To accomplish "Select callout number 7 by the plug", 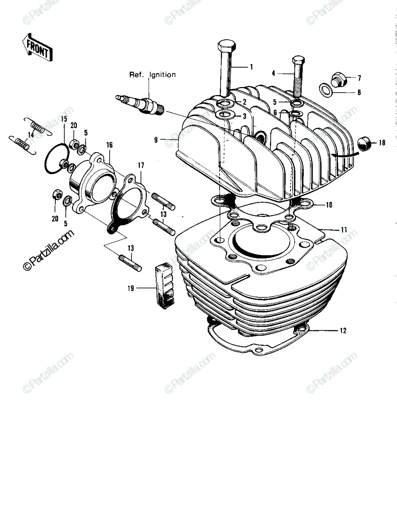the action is (x=359, y=78).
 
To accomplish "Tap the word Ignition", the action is (x=162, y=75).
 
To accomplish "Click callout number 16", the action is (x=109, y=145).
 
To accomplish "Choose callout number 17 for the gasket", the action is (x=141, y=166).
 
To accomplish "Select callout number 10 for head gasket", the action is (x=329, y=205).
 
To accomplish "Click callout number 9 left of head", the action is (x=156, y=140).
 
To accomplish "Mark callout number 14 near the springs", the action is (x=31, y=135).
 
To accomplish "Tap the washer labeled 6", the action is (x=295, y=114).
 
